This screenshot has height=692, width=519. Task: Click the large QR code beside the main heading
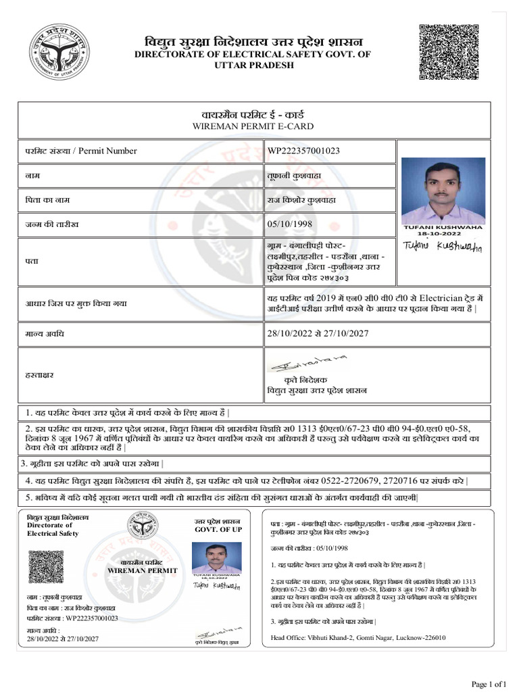pyautogui.click(x=450, y=53)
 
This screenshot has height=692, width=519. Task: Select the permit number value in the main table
pyautogui.click(x=303, y=151)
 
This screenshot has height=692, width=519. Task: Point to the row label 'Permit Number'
pyautogui.click(x=107, y=151)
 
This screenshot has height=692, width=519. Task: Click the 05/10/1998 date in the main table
pyautogui.click(x=290, y=224)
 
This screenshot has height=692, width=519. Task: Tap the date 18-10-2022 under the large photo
pyautogui.click(x=443, y=233)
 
